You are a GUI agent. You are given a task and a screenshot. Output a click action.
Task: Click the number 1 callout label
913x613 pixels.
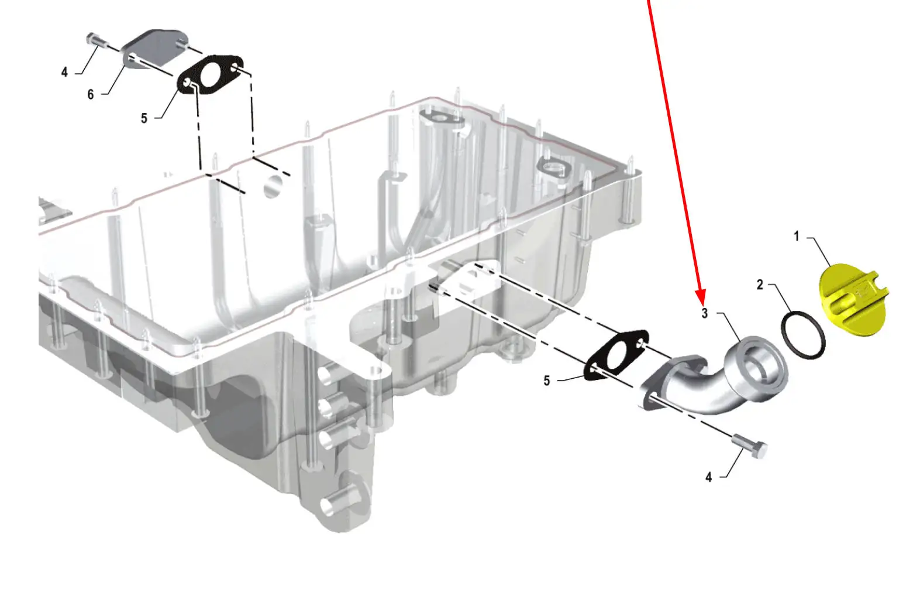(x=796, y=237)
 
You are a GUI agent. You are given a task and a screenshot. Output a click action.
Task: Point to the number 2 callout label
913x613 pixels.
(x=760, y=285)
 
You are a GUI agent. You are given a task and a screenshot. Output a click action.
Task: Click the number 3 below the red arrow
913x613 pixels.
(x=705, y=314)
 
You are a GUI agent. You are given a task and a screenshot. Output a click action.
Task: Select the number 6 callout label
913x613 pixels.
(x=91, y=94)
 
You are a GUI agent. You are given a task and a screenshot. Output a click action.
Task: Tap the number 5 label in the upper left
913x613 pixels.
(x=144, y=118)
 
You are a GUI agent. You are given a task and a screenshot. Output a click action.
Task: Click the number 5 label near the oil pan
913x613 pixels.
(x=547, y=381)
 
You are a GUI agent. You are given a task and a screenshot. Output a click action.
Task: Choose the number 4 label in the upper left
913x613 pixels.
(x=64, y=72)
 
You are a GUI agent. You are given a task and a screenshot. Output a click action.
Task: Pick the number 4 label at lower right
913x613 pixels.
(x=709, y=478)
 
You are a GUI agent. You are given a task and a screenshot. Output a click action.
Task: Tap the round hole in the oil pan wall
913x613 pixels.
(x=273, y=186)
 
